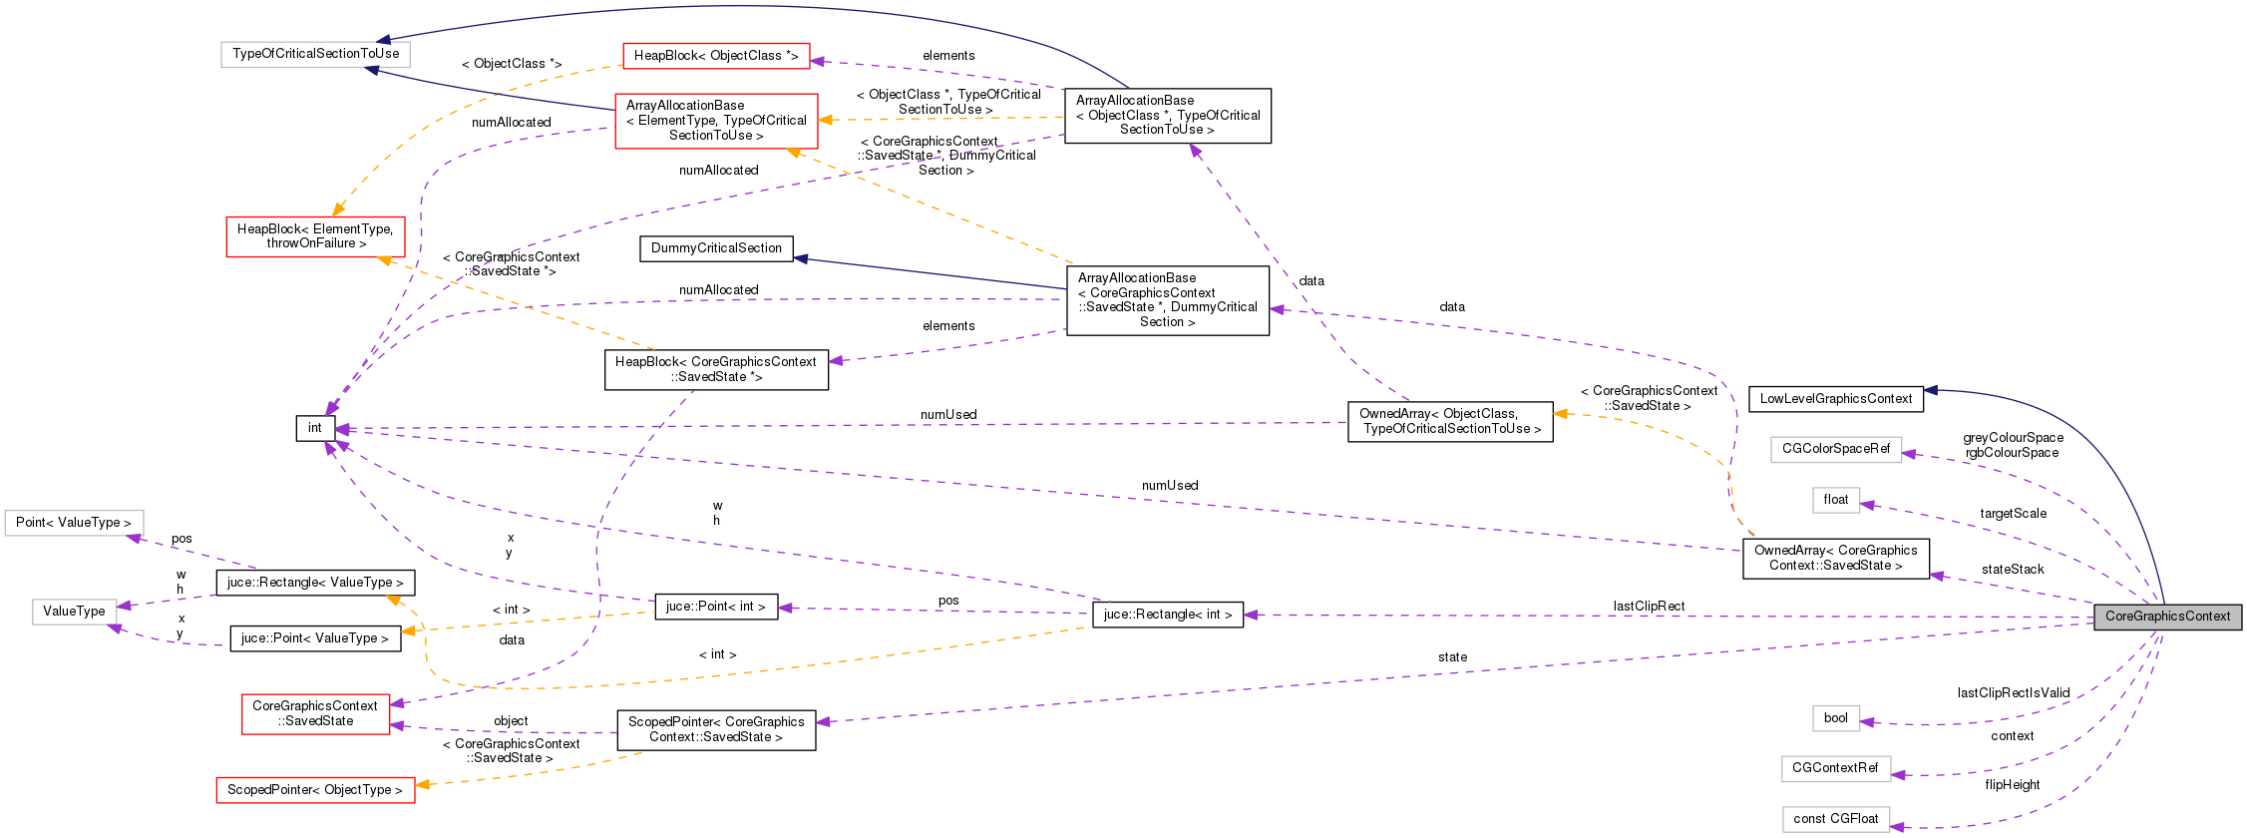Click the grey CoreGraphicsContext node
click(2167, 617)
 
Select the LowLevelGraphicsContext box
click(1835, 399)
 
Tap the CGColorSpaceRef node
click(1835, 449)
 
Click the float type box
click(1835, 500)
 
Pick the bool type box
click(1835, 718)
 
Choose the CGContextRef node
click(1834, 768)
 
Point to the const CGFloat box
click(1835, 819)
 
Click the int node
click(314, 428)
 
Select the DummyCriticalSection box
click(716, 248)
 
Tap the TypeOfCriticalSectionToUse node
click(315, 54)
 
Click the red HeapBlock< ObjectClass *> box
click(716, 56)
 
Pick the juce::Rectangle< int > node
click(1167, 615)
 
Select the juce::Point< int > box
click(716, 607)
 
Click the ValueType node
click(74, 612)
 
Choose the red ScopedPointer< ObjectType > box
click(315, 790)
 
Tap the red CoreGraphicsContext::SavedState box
click(315, 713)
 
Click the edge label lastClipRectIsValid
click(2013, 693)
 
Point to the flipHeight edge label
click(2012, 785)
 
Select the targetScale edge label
click(2013, 514)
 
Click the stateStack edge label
click(2012, 570)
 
